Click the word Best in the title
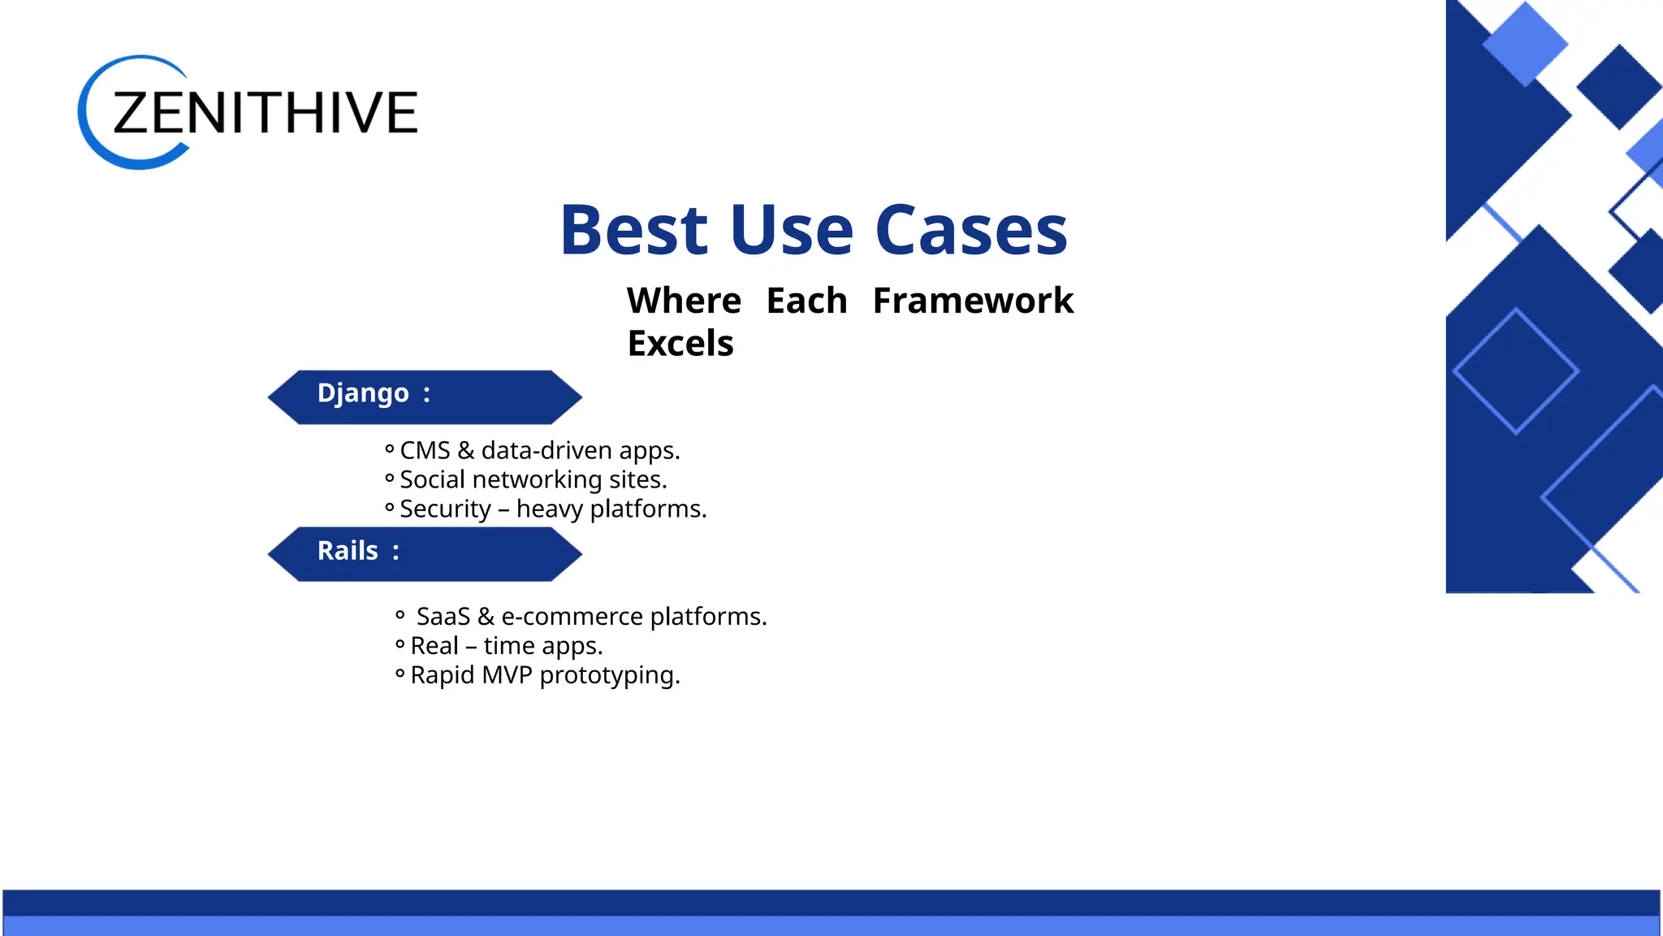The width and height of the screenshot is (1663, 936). click(634, 231)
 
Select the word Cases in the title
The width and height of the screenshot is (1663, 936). click(971, 231)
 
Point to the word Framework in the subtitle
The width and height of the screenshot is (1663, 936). click(973, 301)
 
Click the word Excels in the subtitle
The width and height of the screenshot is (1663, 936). click(680, 344)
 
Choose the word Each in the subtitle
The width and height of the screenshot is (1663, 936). click(806, 301)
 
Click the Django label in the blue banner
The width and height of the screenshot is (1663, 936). click(363, 393)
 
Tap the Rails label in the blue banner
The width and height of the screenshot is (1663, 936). click(348, 551)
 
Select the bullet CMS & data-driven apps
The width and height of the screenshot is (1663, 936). click(539, 450)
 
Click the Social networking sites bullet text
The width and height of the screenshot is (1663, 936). click(533, 479)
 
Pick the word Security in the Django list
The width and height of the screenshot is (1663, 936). click(445, 509)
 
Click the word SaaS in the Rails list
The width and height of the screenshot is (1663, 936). click(443, 617)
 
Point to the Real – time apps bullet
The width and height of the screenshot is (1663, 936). click(506, 646)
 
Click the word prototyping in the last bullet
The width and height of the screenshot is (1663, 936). click(609, 676)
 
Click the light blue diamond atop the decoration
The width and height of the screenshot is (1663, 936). click(1525, 44)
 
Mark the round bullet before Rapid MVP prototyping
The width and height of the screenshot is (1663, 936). click(400, 674)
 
